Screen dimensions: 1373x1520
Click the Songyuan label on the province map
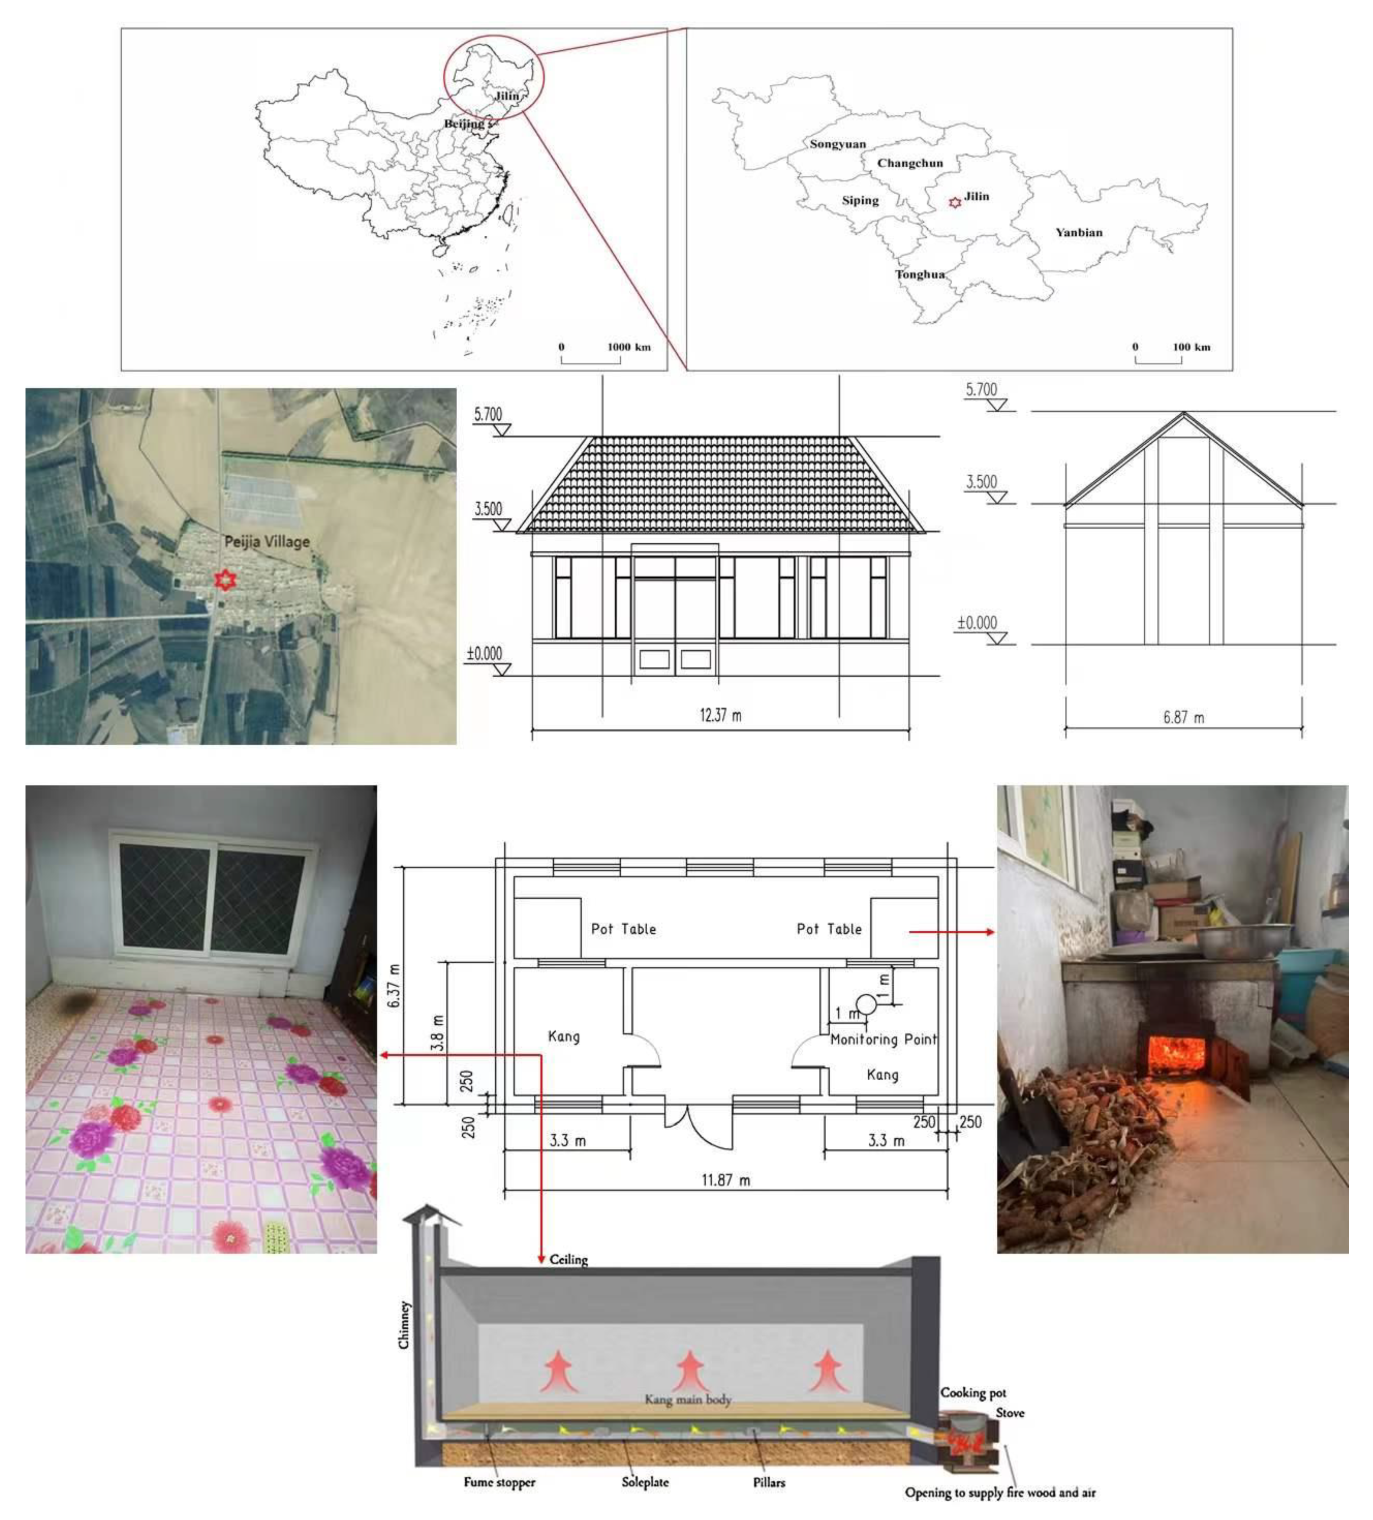[x=837, y=144]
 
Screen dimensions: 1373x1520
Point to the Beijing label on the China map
[x=464, y=123]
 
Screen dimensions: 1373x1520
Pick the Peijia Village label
[x=267, y=541]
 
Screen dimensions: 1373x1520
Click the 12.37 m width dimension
[x=720, y=715]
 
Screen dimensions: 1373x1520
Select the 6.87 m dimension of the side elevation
[x=1183, y=717]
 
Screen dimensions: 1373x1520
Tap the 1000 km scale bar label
[x=628, y=347]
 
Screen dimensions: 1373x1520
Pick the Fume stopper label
[x=499, y=1481]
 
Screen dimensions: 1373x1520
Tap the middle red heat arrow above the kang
[x=689, y=1370]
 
